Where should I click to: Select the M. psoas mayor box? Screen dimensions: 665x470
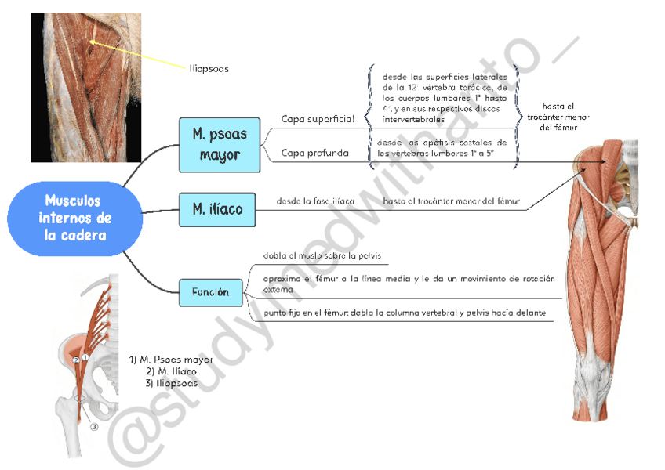tap(220, 145)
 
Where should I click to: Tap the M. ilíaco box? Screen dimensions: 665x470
tap(217, 210)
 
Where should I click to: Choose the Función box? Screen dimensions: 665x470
tap(210, 292)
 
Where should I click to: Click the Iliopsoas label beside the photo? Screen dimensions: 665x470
tap(209, 68)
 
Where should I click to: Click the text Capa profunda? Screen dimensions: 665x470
tap(314, 154)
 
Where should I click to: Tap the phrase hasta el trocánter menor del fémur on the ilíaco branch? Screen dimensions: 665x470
tap(452, 201)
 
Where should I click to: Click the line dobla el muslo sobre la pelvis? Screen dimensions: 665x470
tap(321, 255)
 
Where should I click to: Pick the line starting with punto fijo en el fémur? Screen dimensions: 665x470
tap(404, 313)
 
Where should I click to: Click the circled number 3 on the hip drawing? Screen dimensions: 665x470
tap(93, 427)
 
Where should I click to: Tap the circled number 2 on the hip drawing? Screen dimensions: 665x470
tap(76, 360)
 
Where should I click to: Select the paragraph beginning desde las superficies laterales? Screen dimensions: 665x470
tap(444, 98)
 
